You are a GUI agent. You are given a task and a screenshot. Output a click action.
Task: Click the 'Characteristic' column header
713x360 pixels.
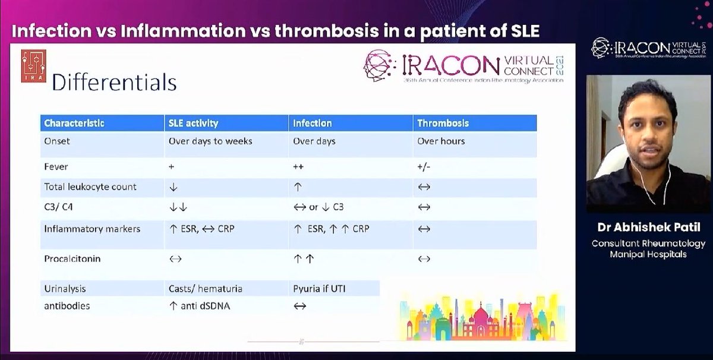(x=74, y=124)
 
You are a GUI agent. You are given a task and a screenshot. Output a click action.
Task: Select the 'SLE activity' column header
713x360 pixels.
(x=193, y=124)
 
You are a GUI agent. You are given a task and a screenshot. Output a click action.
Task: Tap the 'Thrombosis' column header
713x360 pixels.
(x=443, y=124)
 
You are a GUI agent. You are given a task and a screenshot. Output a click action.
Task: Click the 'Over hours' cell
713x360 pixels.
(x=440, y=141)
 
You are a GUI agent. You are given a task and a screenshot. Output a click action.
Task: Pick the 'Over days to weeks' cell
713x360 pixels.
(x=210, y=141)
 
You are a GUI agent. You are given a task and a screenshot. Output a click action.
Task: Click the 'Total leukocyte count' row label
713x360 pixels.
(x=90, y=187)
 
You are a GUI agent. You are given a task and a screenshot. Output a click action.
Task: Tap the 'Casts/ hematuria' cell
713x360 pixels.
(x=205, y=289)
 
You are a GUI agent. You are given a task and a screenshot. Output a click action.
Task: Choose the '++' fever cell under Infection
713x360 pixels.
(x=298, y=167)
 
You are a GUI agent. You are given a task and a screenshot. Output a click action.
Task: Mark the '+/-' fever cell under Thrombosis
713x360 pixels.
(x=424, y=167)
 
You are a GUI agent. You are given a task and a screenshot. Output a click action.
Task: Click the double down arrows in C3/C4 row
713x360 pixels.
(x=179, y=207)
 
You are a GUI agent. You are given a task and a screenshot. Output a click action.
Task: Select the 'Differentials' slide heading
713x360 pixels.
(x=114, y=82)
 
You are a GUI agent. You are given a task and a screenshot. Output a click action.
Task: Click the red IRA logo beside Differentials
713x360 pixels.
(x=34, y=66)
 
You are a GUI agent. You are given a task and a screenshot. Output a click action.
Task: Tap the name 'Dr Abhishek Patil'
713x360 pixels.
(x=648, y=228)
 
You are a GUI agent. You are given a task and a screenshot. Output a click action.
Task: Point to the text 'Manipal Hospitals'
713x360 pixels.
(x=648, y=254)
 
